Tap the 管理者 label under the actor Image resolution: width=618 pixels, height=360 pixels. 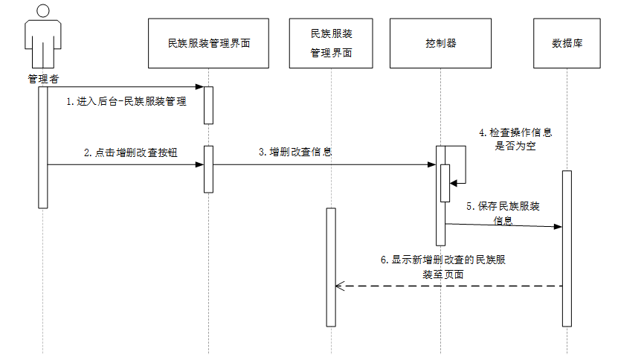pos(42,77)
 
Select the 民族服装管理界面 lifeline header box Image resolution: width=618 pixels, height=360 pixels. pos(208,43)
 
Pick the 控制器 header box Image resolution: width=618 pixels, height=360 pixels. pos(440,43)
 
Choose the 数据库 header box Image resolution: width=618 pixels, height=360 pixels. pos(567,43)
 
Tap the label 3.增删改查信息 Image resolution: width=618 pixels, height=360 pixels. pos(295,152)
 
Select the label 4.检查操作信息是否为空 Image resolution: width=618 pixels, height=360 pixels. pos(515,139)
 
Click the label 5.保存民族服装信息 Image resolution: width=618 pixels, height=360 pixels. pos(503,213)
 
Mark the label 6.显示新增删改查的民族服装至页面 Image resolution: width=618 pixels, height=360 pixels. pos(444,267)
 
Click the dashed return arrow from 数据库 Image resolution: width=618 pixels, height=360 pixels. pos(446,286)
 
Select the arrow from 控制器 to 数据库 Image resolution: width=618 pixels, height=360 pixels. pos(503,225)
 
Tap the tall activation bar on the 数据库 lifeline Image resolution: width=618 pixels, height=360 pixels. pos(567,248)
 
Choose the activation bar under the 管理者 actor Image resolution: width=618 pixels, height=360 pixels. pos(43,147)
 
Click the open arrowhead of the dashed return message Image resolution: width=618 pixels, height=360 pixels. pos(339,286)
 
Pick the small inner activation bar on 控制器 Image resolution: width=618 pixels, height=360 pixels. pos(445,182)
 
